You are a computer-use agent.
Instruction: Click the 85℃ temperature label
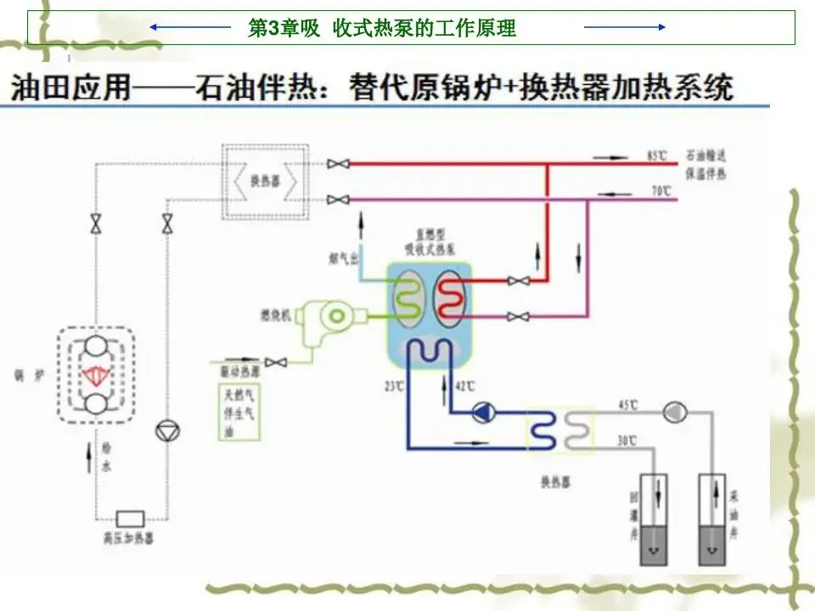656,156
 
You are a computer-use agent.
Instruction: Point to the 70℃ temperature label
661,193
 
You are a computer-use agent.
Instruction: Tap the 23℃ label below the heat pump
392,386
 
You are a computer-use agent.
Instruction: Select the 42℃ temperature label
464,386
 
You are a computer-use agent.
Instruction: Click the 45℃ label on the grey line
627,404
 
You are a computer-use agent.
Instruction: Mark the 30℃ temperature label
627,440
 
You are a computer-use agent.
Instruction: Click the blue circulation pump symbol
485,413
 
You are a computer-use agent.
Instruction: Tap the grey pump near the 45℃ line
674,412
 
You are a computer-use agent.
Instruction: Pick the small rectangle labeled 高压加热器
130,518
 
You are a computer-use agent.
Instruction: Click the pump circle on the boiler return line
164,432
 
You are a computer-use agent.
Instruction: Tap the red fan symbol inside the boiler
96,373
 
